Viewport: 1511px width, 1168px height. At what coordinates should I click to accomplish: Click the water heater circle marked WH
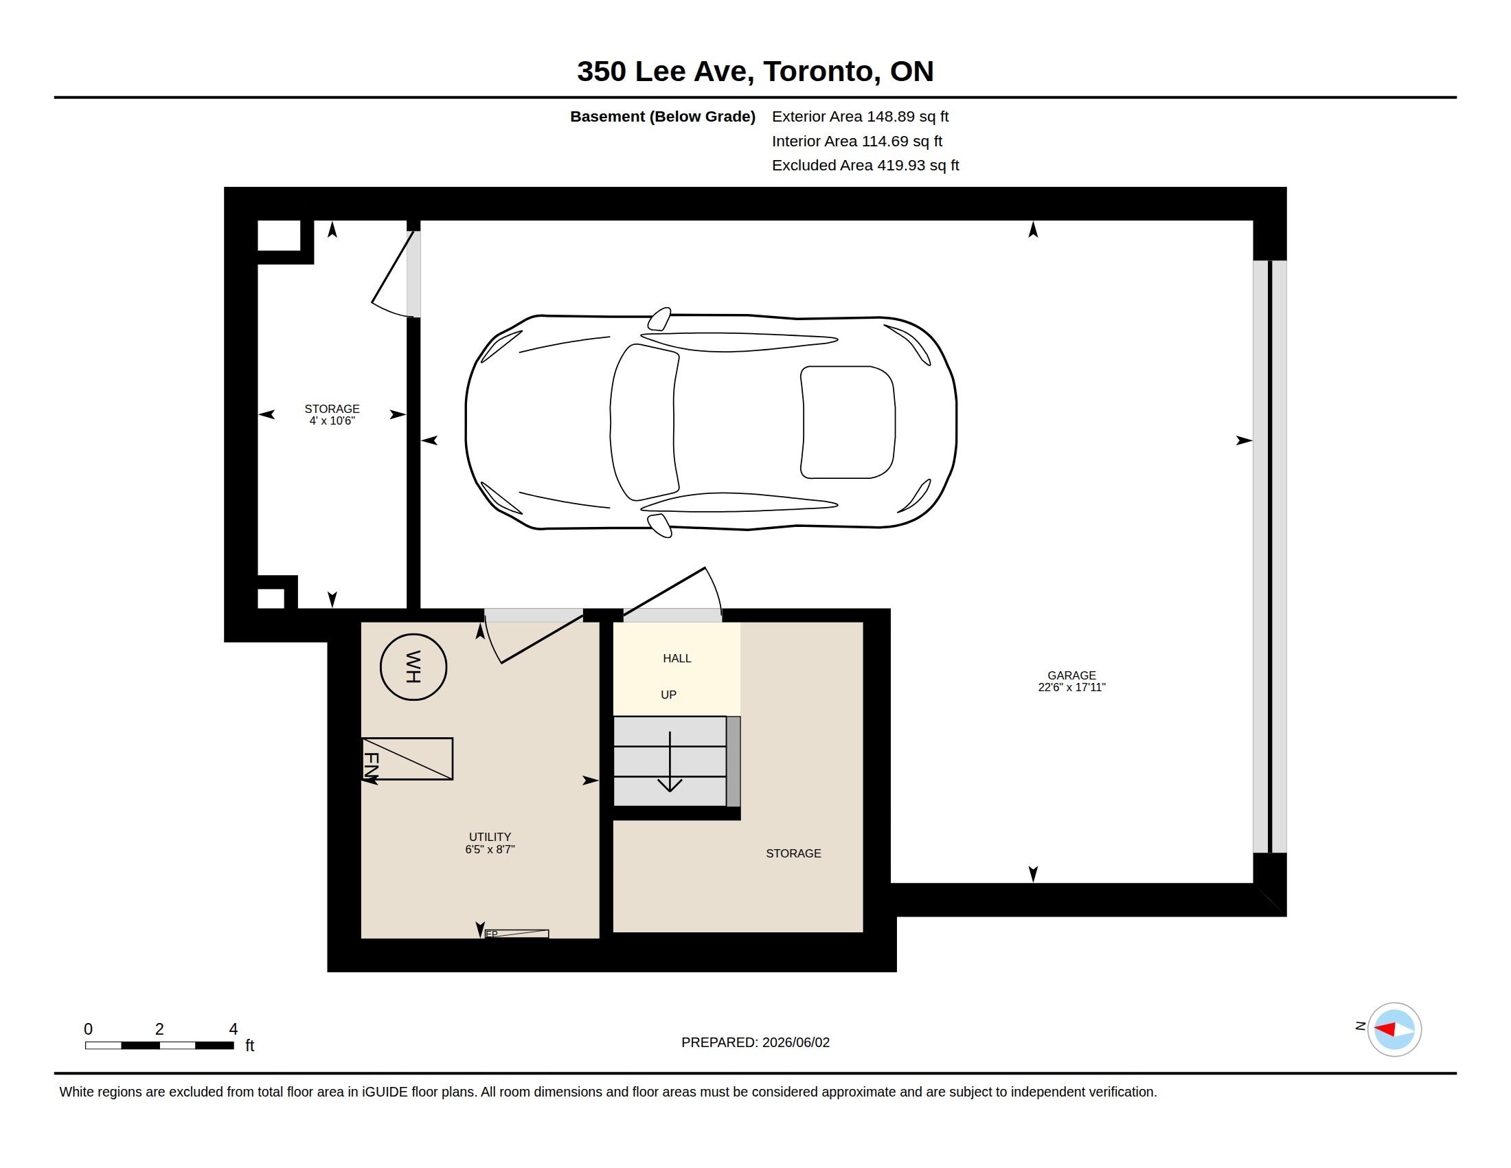413,667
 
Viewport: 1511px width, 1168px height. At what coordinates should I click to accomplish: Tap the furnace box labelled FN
407,759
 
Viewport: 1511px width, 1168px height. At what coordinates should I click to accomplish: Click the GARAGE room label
1071,675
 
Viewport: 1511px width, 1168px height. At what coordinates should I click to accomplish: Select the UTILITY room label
490,837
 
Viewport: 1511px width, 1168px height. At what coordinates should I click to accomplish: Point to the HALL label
677,658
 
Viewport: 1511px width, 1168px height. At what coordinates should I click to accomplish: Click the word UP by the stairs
668,695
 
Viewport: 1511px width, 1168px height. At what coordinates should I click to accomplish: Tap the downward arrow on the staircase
670,761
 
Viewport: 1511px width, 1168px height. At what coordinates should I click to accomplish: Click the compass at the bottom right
1394,1029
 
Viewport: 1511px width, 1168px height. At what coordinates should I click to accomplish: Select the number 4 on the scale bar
233,1029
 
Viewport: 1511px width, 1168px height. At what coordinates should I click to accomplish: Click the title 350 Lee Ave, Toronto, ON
755,71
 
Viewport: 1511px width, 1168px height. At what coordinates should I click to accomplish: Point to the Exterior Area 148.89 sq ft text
860,116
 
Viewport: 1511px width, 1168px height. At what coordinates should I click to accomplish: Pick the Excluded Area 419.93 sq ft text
865,166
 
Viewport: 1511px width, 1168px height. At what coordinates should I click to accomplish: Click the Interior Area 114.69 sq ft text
857,141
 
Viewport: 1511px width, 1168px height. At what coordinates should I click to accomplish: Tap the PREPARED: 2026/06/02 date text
755,1042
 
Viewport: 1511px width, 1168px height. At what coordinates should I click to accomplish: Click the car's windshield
644,422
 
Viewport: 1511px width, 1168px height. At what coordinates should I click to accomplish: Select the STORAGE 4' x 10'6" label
332,414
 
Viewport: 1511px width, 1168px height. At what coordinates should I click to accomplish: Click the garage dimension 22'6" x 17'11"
1071,687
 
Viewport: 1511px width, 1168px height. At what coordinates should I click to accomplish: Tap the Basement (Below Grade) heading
662,116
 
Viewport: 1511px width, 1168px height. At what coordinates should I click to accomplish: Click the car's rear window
848,422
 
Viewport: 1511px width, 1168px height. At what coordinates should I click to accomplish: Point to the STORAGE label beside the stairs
793,853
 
